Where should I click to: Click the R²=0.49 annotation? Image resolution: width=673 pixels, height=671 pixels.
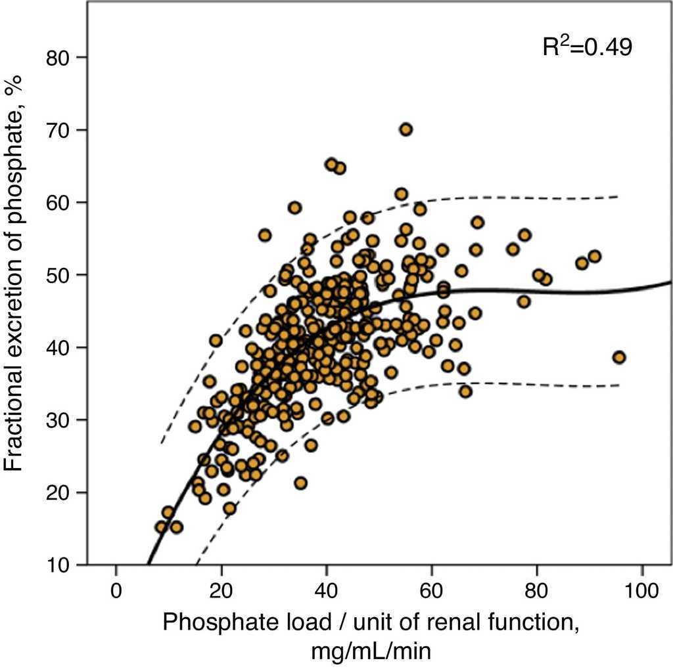click(x=587, y=47)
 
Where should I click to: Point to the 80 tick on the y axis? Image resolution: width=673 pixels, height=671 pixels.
click(x=59, y=58)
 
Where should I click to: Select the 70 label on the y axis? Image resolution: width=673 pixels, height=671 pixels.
click(x=59, y=130)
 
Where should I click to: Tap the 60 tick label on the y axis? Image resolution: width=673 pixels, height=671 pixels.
click(x=59, y=202)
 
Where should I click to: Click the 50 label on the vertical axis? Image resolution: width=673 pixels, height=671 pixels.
click(x=59, y=274)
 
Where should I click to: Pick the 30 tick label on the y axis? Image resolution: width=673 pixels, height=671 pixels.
click(x=59, y=420)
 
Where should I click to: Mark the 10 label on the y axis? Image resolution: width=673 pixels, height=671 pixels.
click(x=59, y=565)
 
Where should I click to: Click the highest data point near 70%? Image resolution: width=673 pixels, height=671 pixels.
click(x=406, y=129)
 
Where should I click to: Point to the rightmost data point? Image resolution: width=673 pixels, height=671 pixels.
click(x=618, y=357)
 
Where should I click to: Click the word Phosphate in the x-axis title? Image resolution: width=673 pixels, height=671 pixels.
click(x=203, y=622)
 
